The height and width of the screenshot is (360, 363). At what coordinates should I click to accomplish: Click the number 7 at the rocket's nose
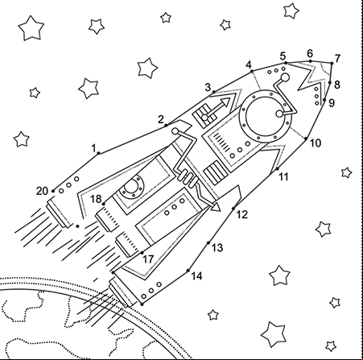(x=337, y=58)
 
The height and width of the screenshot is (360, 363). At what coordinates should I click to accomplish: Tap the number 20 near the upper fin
(x=42, y=191)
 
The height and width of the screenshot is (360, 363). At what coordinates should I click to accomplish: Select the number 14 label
(x=196, y=276)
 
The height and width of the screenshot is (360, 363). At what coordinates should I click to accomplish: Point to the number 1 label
(x=93, y=148)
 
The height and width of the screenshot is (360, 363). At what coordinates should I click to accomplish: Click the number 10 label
(x=316, y=143)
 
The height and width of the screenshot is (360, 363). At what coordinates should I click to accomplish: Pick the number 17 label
(x=148, y=259)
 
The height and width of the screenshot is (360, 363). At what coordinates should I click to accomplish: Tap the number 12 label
(x=241, y=215)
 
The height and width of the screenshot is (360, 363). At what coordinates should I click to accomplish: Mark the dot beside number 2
(x=166, y=125)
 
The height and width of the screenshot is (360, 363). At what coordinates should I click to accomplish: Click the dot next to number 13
(x=208, y=243)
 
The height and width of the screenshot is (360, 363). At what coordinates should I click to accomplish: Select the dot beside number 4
(x=252, y=71)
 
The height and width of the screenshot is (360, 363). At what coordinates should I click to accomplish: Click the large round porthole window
(x=266, y=115)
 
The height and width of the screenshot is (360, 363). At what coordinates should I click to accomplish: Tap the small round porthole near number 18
(x=132, y=187)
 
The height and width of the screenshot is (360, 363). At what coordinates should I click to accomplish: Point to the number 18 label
(x=96, y=199)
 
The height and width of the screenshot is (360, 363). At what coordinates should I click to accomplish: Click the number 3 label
(x=208, y=88)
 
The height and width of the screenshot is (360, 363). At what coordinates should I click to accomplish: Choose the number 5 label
(x=283, y=56)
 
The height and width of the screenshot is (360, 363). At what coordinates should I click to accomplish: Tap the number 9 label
(x=332, y=103)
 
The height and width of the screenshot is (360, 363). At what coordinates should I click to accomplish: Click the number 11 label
(x=283, y=177)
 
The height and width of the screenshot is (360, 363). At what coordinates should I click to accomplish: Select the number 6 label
(x=310, y=54)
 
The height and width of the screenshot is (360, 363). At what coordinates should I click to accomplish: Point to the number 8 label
(x=337, y=85)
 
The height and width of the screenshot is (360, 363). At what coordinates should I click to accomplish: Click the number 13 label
(x=217, y=248)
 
